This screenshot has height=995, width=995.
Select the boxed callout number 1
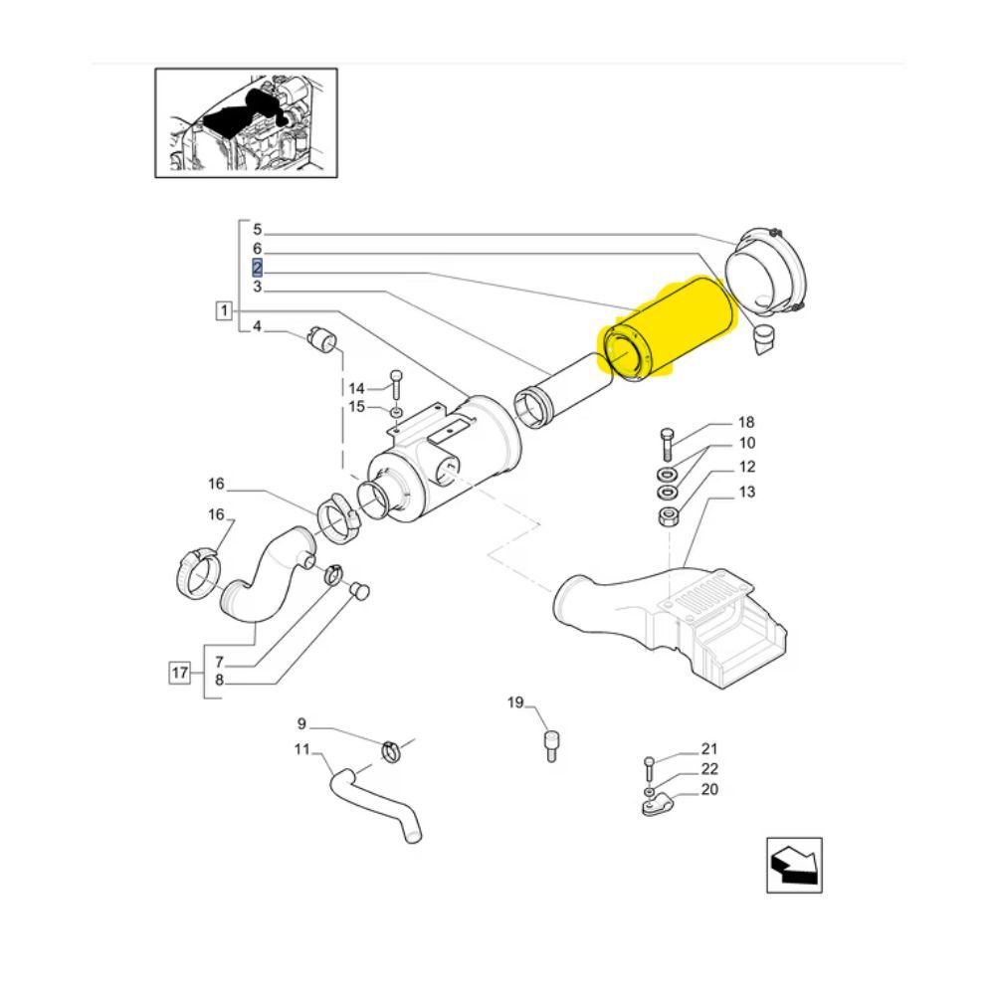click(223, 310)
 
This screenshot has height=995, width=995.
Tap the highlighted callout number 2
click(257, 267)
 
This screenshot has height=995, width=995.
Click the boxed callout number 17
click(179, 672)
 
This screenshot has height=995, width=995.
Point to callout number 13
click(747, 492)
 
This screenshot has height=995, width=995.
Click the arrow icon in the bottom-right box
click(794, 865)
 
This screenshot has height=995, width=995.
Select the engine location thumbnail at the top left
click(246, 123)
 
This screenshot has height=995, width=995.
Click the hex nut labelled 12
click(669, 516)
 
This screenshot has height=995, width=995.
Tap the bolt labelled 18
click(667, 444)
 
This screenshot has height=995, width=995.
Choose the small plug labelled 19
click(551, 746)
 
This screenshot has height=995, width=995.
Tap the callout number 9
click(301, 723)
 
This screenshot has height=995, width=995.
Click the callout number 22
click(709, 769)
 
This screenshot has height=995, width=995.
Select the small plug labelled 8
click(360, 590)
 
